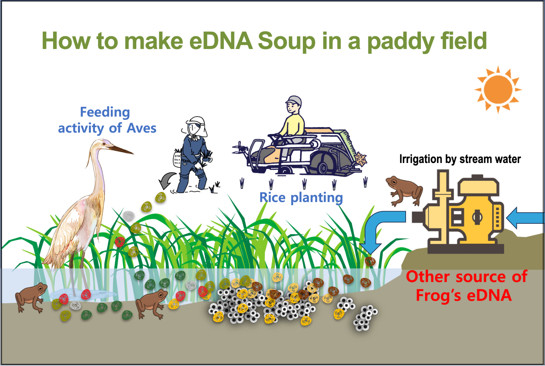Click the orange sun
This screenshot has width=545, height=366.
point(496,89)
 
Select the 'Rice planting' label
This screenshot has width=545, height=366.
point(301,198)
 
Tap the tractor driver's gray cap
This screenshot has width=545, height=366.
point(293,101)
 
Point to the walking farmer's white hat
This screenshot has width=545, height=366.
point(196,125)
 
